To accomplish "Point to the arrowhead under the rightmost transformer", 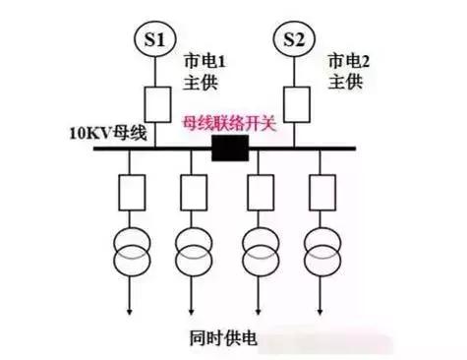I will click(x=320, y=311).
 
